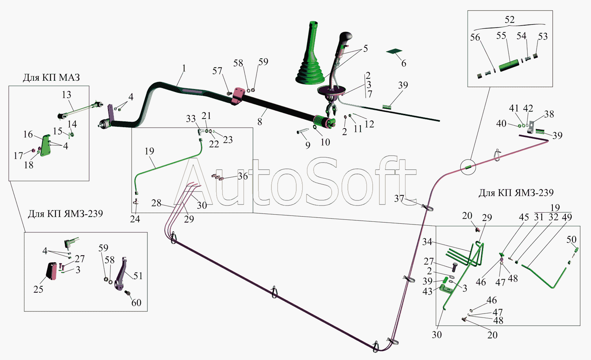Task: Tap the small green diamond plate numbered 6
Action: pos(394,51)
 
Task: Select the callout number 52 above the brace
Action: pos(509,20)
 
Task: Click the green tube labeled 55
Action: pos(509,66)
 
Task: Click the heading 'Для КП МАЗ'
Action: pos(51,78)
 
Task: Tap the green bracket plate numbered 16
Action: pos(46,145)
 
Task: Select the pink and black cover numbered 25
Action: pos(52,271)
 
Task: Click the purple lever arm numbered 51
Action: pos(121,274)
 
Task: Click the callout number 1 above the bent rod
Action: pos(184,69)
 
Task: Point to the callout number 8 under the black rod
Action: pos(260,122)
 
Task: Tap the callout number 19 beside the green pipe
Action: pos(149,151)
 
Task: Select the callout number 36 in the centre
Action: pos(243,176)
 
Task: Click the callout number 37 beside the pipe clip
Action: pos(399,199)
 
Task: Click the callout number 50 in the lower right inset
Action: pos(571,239)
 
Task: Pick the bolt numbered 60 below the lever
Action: pos(128,293)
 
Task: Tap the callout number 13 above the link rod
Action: pos(67,95)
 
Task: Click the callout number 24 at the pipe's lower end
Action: pos(135,219)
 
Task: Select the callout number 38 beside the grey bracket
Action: pos(549,114)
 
